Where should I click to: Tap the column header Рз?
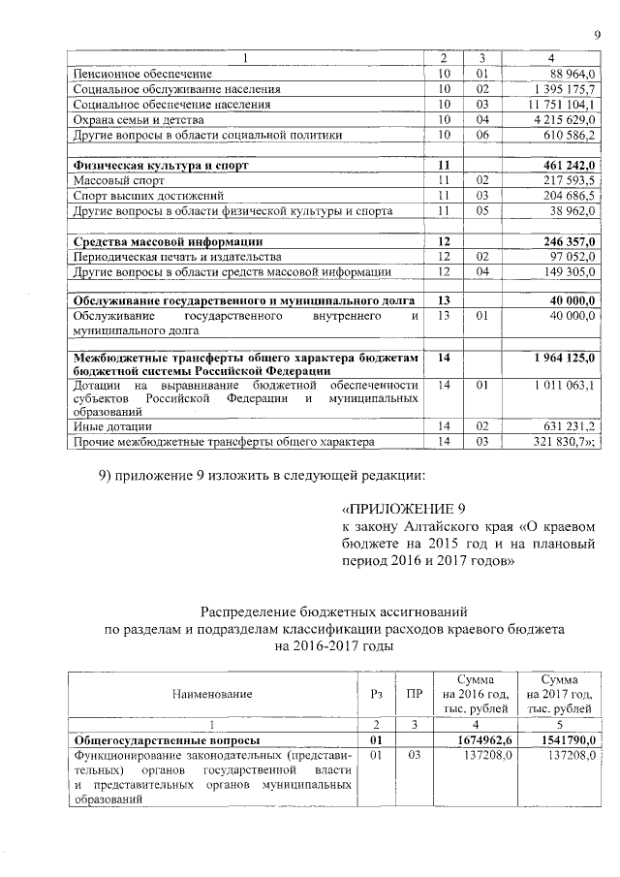click(377, 694)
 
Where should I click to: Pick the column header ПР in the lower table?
click(415, 694)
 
